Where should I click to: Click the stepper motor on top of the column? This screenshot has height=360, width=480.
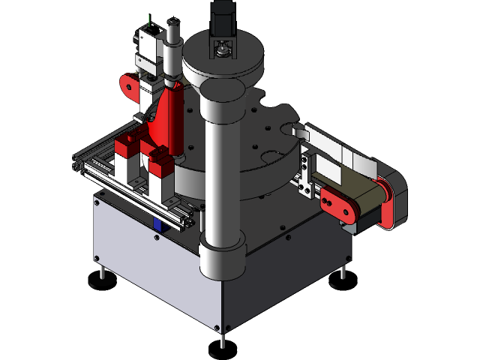pos(221,18)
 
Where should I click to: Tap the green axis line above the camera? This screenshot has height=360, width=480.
pos(150,19)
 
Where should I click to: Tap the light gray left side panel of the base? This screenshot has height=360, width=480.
pos(150,262)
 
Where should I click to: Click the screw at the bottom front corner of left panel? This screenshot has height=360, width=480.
pos(216,328)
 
